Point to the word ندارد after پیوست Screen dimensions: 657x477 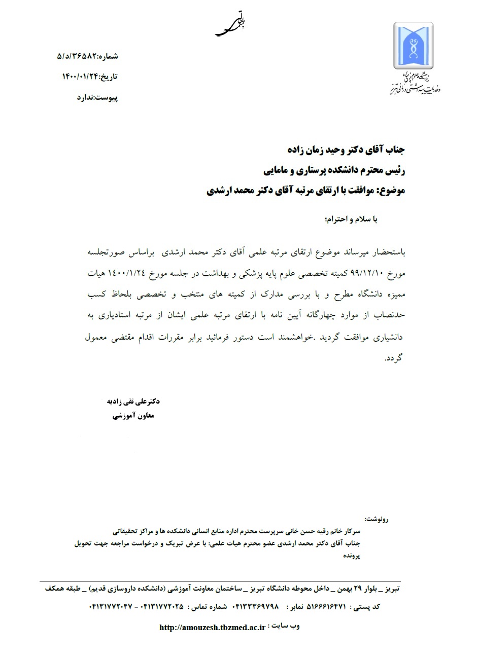tap(87, 98)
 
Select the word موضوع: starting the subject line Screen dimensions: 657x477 tap(389, 191)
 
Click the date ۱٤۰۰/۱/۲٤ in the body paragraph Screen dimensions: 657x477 tap(125, 274)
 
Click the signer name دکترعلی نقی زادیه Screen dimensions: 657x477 tap(131, 401)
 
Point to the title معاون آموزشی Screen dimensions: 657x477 tap(132, 416)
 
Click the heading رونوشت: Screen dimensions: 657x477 tap(376, 520)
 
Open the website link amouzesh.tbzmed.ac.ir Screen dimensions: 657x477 tap(212, 628)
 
